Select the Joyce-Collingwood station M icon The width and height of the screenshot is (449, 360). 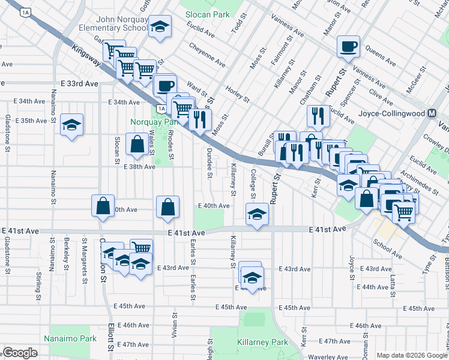(432, 113)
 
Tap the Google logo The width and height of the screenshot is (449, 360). (20, 353)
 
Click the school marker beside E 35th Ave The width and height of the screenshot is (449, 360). (72, 125)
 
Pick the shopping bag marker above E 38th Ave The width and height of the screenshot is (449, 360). (137, 145)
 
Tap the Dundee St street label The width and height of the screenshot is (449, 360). (210, 164)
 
